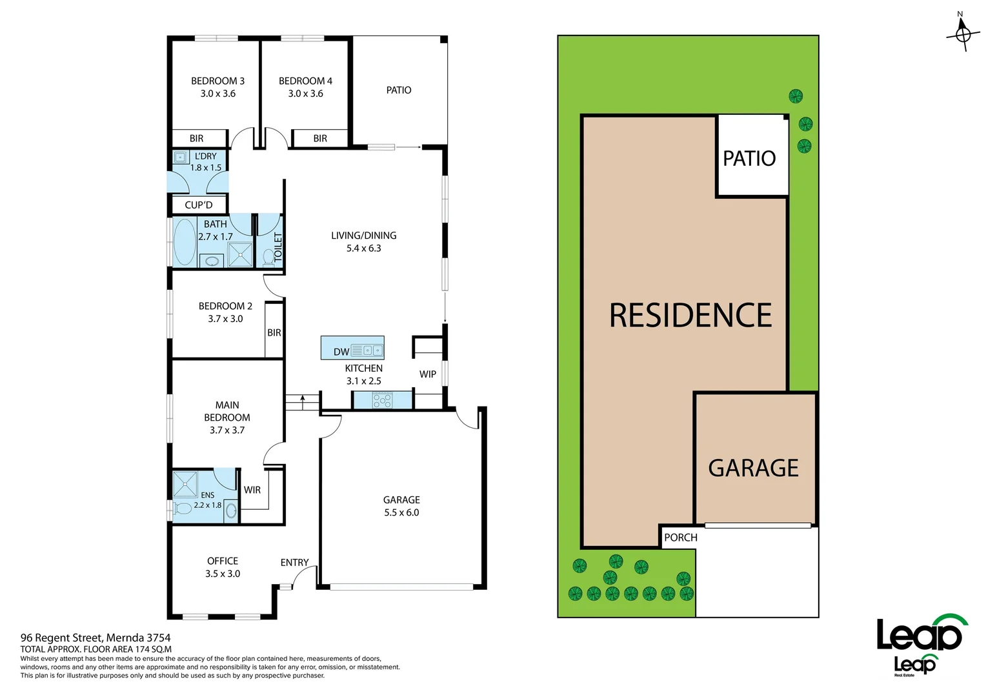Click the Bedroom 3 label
click(217, 81)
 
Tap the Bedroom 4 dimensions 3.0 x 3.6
click(305, 94)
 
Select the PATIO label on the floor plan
click(398, 90)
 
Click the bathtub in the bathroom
click(185, 242)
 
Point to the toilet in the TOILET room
click(268, 258)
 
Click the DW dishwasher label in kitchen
click(341, 352)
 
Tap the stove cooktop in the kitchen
click(382, 400)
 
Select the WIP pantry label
click(427, 374)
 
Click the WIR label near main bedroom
click(252, 490)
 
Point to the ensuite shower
click(185, 484)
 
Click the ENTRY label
click(294, 563)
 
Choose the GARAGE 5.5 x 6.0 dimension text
click(401, 512)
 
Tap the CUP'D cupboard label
click(198, 205)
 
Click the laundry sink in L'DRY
click(180, 157)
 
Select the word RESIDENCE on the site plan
click(690, 316)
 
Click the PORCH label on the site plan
click(680, 538)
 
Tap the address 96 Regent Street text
click(96, 638)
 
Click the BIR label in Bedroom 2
click(274, 333)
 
